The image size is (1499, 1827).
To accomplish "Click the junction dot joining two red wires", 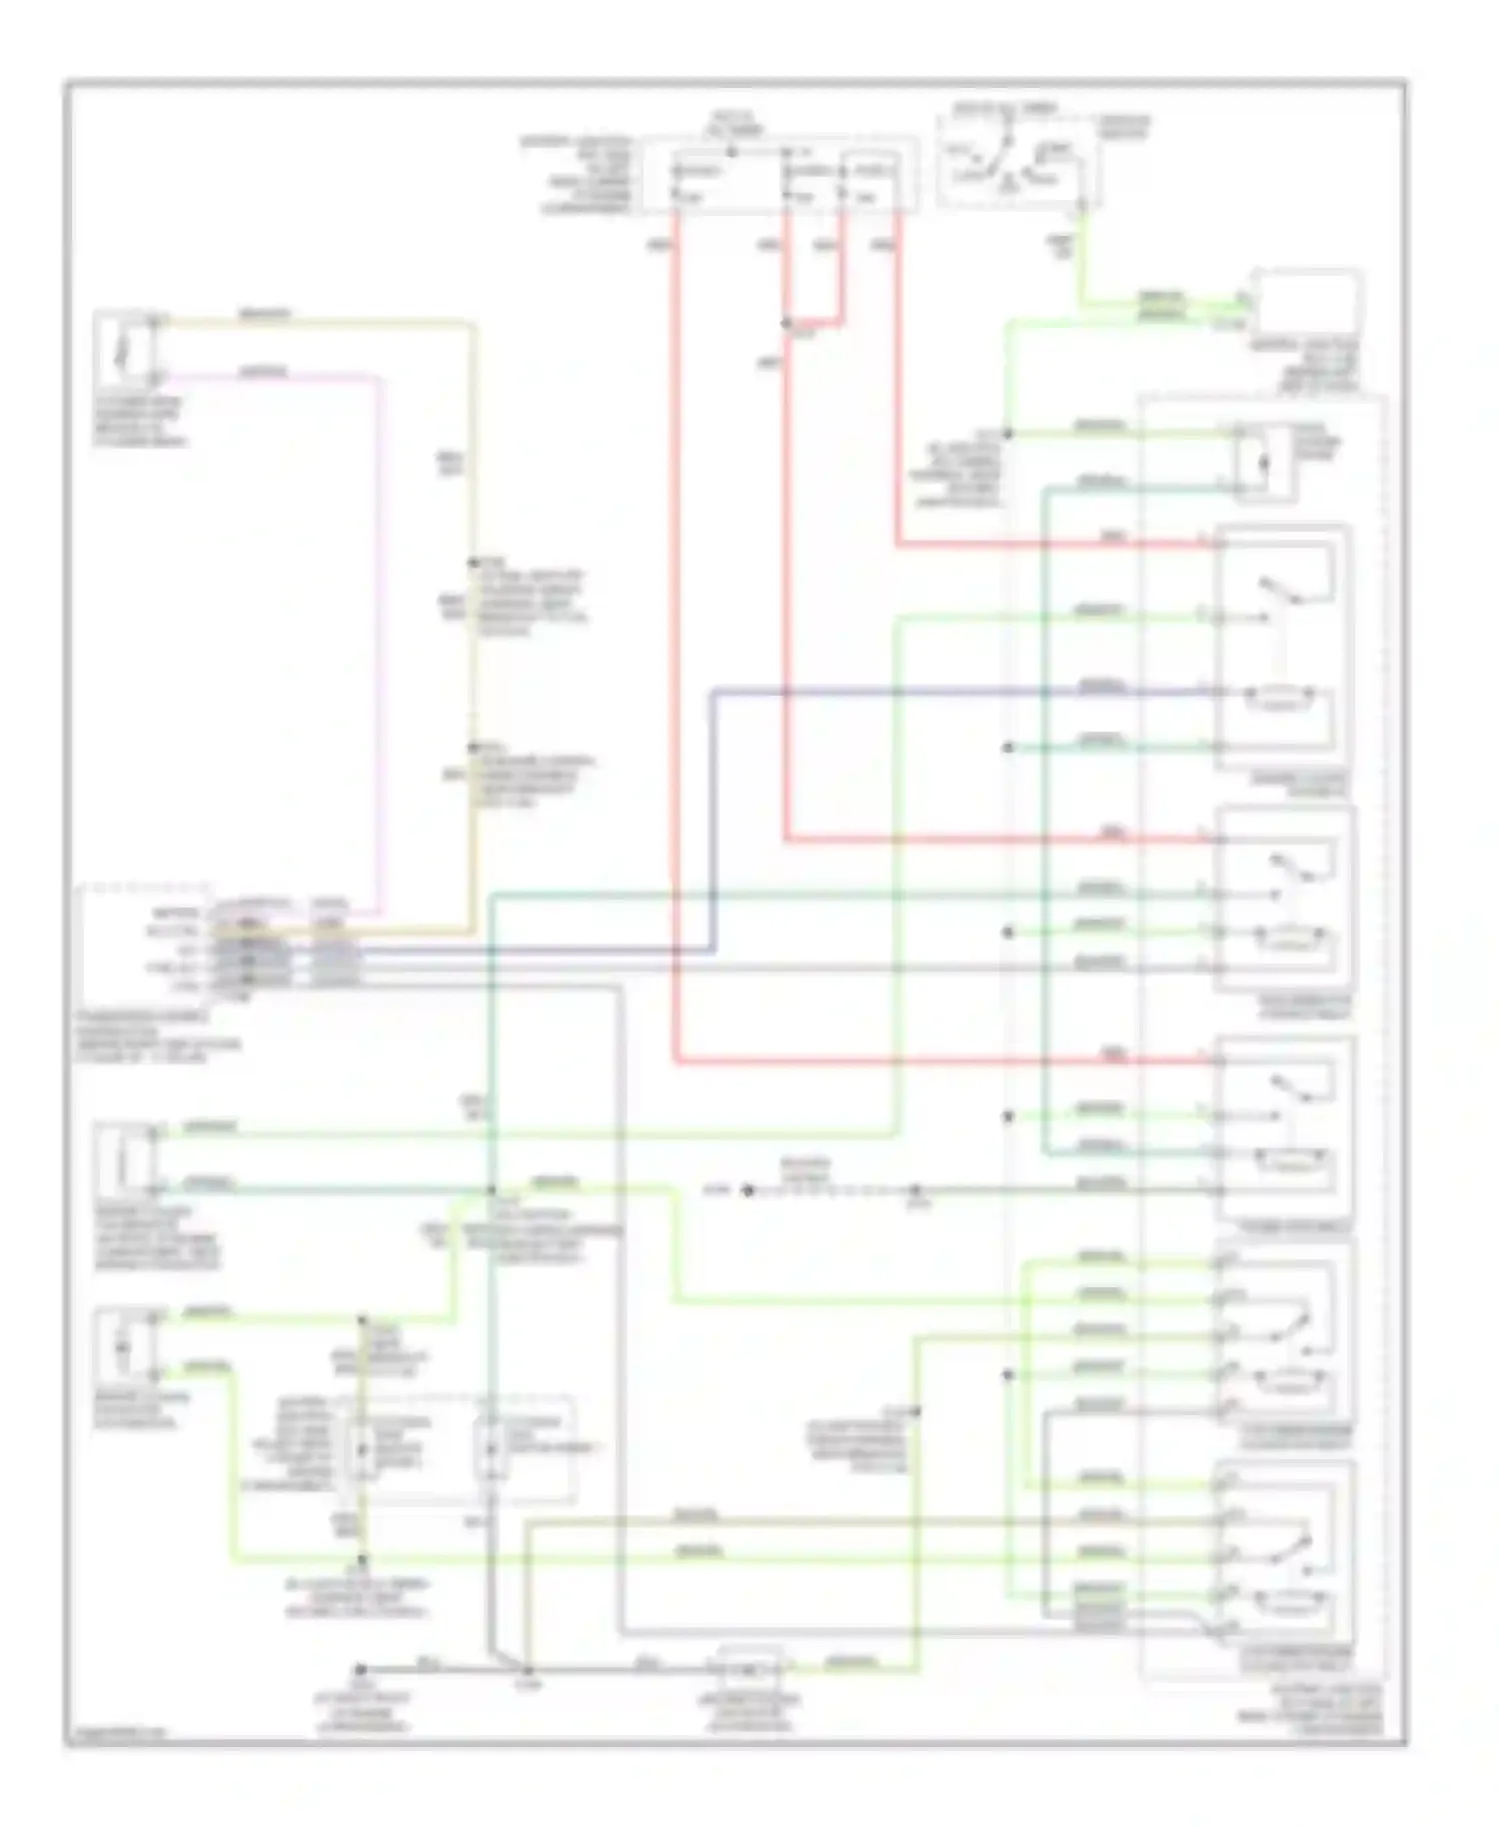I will (786, 324).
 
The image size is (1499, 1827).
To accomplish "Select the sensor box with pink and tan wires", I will (122, 350).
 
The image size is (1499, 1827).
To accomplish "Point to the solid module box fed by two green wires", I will (1307, 305).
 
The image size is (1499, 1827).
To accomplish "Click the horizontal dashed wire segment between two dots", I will (829, 1190).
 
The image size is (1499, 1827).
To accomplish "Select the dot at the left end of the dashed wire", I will (747, 1190).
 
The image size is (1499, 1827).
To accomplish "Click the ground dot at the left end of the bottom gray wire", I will (361, 1670).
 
